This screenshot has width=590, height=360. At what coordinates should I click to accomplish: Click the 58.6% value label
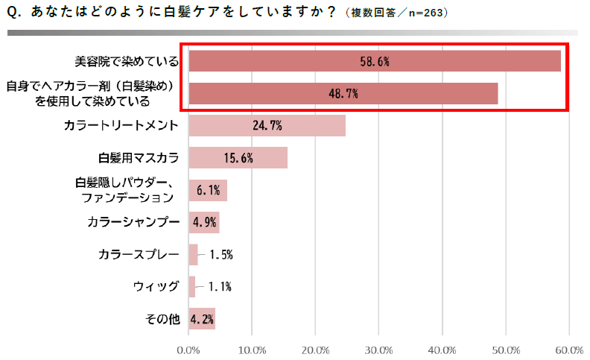click(374, 62)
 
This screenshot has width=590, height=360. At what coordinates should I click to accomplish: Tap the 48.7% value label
click(343, 94)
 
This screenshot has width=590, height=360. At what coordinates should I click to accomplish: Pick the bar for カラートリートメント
click(267, 126)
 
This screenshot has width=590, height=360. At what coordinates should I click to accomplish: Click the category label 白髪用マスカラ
click(139, 158)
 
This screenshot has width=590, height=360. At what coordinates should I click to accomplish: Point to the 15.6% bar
click(238, 158)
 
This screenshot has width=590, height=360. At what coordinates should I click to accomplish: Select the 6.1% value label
click(208, 191)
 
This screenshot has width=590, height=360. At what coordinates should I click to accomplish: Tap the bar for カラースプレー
click(193, 255)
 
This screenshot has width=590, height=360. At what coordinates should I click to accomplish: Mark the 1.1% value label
click(220, 286)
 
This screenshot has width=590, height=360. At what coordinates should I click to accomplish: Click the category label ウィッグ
click(156, 286)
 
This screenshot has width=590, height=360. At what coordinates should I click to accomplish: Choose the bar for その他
click(201, 319)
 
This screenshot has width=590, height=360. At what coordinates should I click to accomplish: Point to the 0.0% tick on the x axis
click(188, 349)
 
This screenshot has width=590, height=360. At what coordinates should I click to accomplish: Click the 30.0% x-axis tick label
click(379, 349)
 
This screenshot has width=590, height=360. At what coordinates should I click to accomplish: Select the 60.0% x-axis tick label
click(569, 349)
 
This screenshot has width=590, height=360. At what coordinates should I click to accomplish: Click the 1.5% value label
click(221, 255)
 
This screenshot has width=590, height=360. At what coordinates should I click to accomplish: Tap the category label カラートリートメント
click(121, 126)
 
